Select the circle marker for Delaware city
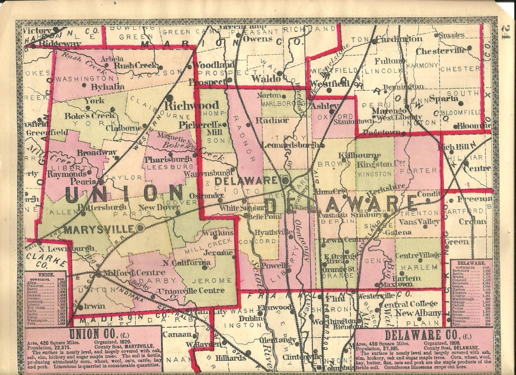pyautogui.click(x=286, y=180)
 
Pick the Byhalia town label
pyautogui.click(x=107, y=86)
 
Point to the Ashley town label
pyautogui.click(x=321, y=107)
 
